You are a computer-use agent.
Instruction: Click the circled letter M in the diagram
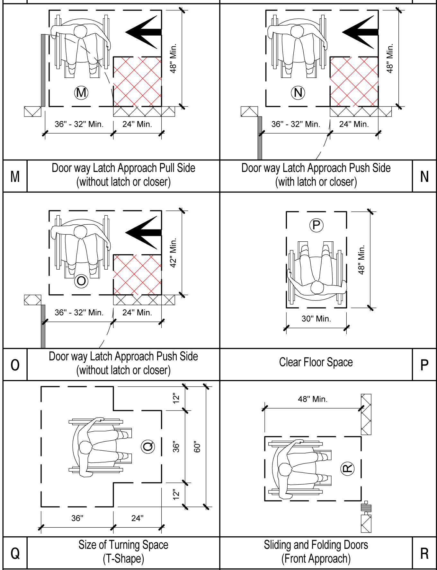click(81, 93)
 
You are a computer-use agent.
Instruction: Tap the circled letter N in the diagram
click(298, 93)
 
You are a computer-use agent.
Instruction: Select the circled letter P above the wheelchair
click(316, 225)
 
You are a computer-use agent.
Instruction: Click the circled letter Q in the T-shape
click(148, 446)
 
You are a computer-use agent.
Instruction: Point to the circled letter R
click(347, 469)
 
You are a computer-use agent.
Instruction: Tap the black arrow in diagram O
click(143, 233)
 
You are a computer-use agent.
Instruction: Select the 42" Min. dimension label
click(173, 253)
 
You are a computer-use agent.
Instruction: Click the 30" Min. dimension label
click(316, 319)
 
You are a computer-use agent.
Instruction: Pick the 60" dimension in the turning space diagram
click(197, 446)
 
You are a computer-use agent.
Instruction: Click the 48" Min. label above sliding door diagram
click(312, 399)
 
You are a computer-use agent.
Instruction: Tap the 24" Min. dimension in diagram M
click(137, 124)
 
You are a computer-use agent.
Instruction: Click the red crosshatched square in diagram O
click(137, 275)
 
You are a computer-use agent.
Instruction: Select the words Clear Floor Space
click(316, 362)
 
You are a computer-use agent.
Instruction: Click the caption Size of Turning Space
click(123, 545)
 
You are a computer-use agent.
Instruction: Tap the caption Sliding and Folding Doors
click(316, 545)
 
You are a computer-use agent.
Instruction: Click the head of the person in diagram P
click(317, 287)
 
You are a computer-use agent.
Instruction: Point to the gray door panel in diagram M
click(43, 70)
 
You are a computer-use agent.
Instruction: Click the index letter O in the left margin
click(15, 365)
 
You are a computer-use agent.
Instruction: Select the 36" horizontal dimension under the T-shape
click(77, 518)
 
